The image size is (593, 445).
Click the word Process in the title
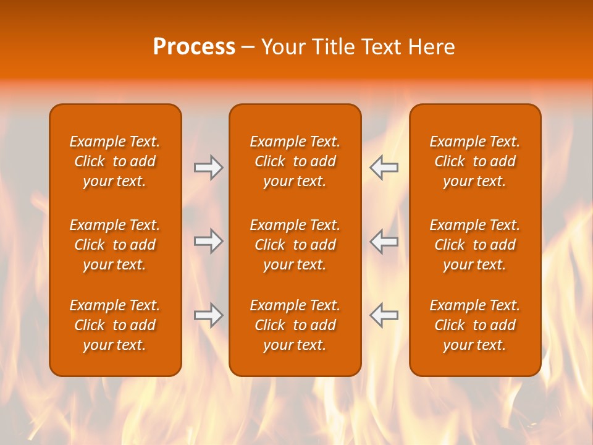(194, 47)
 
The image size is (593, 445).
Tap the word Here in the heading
(431, 47)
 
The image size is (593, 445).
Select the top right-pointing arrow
(208, 167)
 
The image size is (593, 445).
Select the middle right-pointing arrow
(208, 241)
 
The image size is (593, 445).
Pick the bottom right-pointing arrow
(208, 315)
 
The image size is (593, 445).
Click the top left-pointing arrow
(384, 167)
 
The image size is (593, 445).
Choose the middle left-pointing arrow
(384, 241)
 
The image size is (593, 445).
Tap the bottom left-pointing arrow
(384, 315)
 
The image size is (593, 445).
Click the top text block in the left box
(115, 161)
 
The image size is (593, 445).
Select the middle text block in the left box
(115, 245)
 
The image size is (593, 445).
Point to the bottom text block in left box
(115, 325)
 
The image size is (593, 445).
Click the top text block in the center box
(295, 161)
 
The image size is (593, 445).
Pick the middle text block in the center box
(295, 245)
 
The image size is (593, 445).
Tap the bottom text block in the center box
(295, 325)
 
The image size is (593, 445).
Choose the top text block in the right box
(474, 161)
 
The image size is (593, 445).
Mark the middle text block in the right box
(474, 245)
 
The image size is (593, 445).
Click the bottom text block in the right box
(474, 325)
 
